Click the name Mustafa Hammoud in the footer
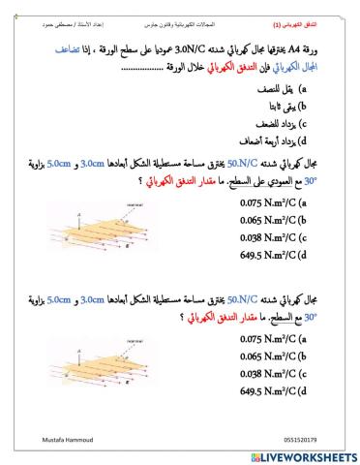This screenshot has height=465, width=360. click(x=54, y=438)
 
